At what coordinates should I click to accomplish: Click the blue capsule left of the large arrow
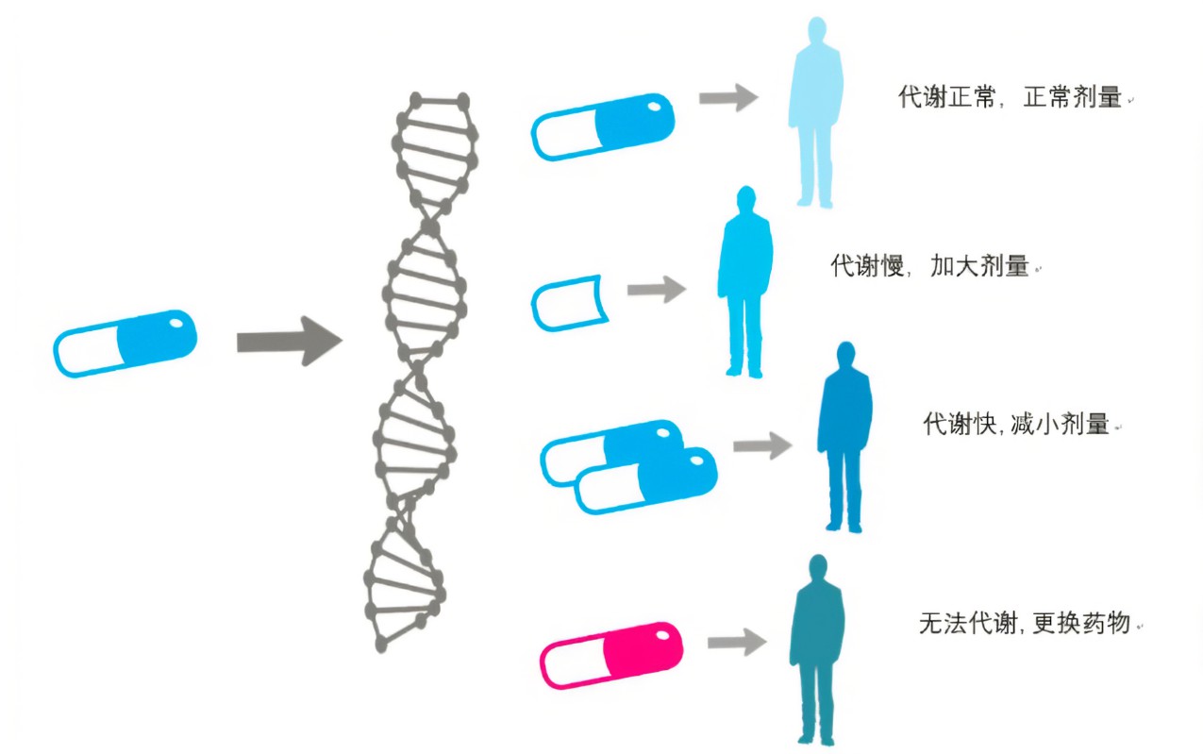pos(125,343)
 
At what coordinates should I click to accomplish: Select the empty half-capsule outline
pos(566,302)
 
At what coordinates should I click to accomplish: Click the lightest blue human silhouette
pos(815,113)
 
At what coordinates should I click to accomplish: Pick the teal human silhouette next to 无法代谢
pos(816,651)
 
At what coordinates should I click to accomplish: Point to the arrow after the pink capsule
pos(736,643)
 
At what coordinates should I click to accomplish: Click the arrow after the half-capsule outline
pos(657,290)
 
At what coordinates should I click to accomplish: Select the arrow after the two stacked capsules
pos(762,445)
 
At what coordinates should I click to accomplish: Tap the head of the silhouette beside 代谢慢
pos(745,201)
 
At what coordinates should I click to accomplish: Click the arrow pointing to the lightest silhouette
pos(728,97)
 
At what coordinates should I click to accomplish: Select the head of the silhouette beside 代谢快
pos(845,357)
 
